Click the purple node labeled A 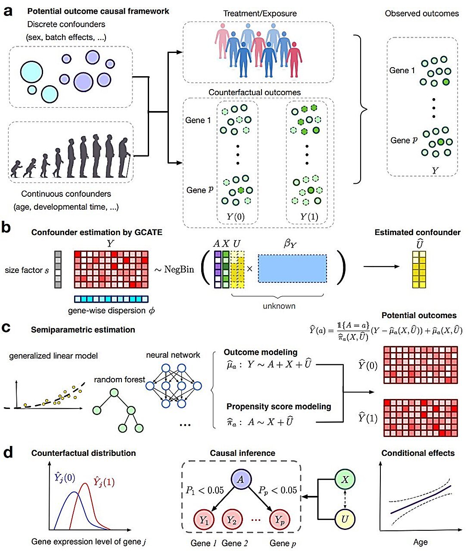(x=241, y=479)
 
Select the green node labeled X (x=345, y=479)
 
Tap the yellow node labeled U (x=345, y=519)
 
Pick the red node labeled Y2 (x=232, y=519)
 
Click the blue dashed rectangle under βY (x=292, y=269)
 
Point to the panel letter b (x=6, y=227)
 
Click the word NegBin (x=179, y=269)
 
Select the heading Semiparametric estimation (x=83, y=329)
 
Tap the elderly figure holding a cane (x=124, y=158)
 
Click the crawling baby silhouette (x=16, y=169)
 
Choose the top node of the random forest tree (x=114, y=393)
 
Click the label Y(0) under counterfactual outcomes (x=236, y=217)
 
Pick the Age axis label (x=420, y=542)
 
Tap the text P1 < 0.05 (x=205, y=490)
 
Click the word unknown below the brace (x=279, y=306)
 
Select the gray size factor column (x=58, y=269)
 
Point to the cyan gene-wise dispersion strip (x=111, y=299)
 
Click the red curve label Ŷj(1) (x=104, y=482)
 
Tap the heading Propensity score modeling (x=279, y=406)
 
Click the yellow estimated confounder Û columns (x=419, y=269)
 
